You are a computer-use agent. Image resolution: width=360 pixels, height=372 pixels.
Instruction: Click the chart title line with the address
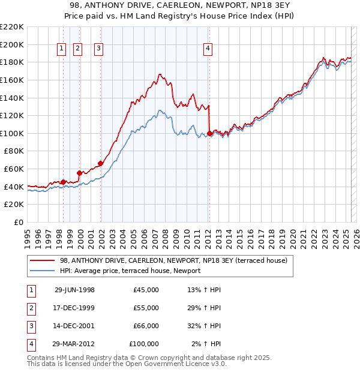[180, 5]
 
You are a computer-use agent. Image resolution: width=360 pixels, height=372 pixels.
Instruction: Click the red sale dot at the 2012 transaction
[209, 133]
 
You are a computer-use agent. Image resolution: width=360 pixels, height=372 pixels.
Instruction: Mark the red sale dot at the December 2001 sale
[100, 163]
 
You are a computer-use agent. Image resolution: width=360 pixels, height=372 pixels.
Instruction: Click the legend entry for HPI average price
[130, 271]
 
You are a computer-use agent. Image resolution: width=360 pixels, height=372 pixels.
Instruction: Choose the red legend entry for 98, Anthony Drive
[174, 260]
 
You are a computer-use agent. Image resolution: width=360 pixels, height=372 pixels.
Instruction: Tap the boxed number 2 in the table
[30, 308]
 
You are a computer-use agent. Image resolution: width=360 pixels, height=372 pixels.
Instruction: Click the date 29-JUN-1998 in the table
[74, 290]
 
